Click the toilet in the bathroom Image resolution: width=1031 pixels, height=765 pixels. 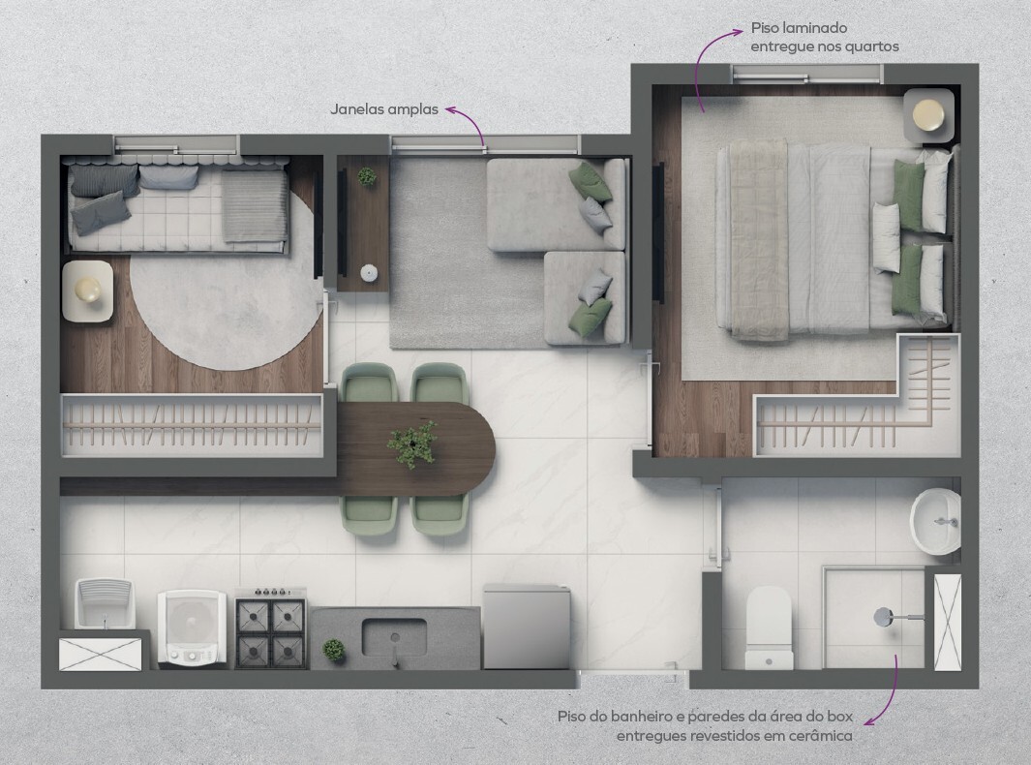click(769, 627)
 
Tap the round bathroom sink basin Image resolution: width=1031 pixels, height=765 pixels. click(935, 521)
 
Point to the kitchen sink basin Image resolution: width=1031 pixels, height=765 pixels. click(394, 637)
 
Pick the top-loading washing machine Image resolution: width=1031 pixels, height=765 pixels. click(192, 627)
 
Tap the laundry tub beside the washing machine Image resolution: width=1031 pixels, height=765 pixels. click(105, 602)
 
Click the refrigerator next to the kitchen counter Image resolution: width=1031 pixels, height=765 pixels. click(526, 627)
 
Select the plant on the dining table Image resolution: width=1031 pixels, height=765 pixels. click(412, 444)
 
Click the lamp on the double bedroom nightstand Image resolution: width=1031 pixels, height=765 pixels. click(927, 114)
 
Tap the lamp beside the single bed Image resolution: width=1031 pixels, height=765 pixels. click(87, 290)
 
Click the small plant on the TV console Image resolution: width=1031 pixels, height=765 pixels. click(367, 176)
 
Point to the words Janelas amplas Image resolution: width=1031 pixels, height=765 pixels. click(384, 109)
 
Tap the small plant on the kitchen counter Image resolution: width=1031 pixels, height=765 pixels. click(334, 650)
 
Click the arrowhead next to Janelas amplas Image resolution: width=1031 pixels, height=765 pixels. click(450, 109)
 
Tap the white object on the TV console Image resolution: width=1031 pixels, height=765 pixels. click(369, 272)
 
